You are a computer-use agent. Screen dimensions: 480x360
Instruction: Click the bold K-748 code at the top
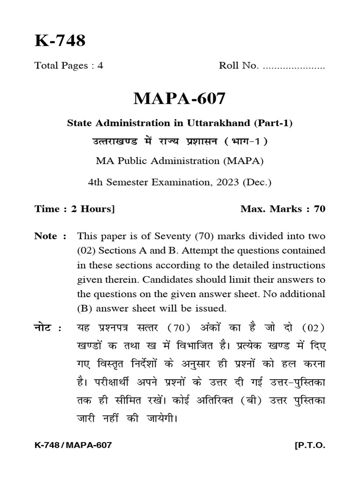click(60, 41)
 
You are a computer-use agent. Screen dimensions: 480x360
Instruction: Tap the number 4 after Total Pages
click(100, 66)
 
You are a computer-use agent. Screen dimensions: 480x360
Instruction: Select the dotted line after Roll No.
click(294, 66)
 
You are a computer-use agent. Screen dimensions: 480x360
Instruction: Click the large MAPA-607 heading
click(180, 98)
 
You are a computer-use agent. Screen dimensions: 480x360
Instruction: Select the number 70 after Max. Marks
click(319, 209)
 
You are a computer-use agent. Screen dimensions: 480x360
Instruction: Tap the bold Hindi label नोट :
click(48, 327)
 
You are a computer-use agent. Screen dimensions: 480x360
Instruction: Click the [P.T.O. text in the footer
click(309, 445)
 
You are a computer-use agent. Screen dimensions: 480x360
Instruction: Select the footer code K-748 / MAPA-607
click(73, 445)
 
